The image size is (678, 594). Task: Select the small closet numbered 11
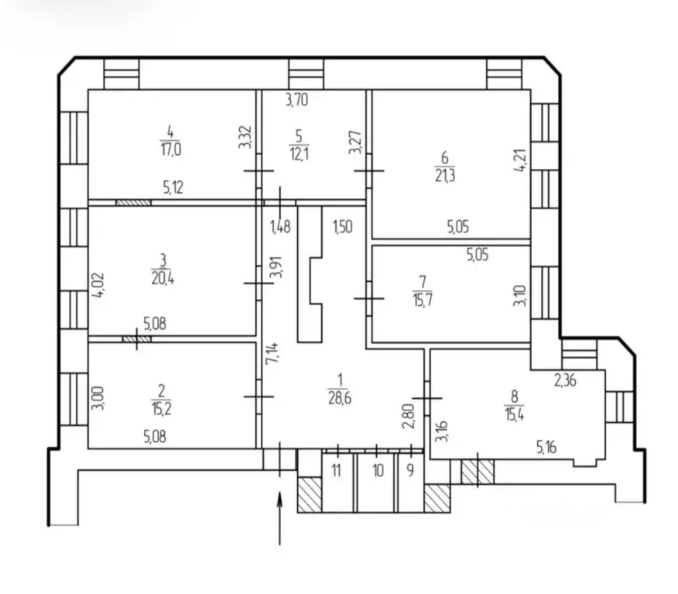(337, 470)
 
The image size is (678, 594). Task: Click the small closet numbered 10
(378, 470)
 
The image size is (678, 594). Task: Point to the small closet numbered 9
(409, 470)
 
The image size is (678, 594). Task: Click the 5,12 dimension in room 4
(173, 187)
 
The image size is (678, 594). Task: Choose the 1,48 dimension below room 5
(280, 227)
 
